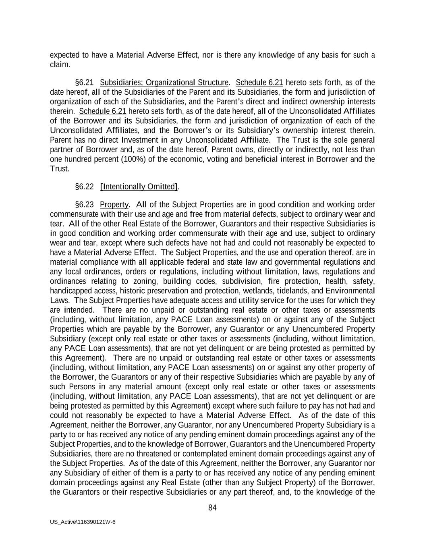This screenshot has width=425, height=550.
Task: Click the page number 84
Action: pos(212,508)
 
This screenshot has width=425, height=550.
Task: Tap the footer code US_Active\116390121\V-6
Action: pos(83,522)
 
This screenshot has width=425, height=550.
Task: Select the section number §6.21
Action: pos(84,83)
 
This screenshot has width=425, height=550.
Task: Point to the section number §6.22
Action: pos(84,187)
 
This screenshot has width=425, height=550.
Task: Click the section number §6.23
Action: pos(84,205)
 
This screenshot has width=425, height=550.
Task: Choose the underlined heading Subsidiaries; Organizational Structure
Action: pos(164,83)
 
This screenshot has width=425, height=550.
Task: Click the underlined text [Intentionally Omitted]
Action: pos(139,187)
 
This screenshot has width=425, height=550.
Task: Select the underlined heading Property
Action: pos(114,205)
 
